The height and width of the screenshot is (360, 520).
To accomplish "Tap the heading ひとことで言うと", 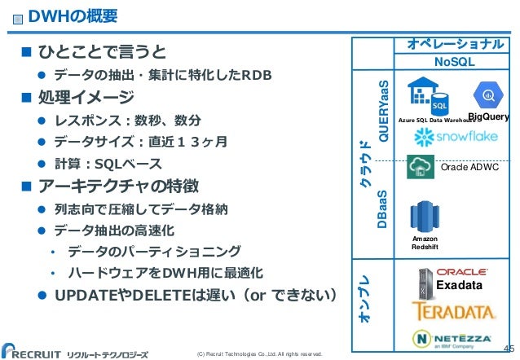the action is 97,53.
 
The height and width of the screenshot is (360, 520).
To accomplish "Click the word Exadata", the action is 459,287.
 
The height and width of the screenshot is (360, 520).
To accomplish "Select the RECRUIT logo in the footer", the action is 37,345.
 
